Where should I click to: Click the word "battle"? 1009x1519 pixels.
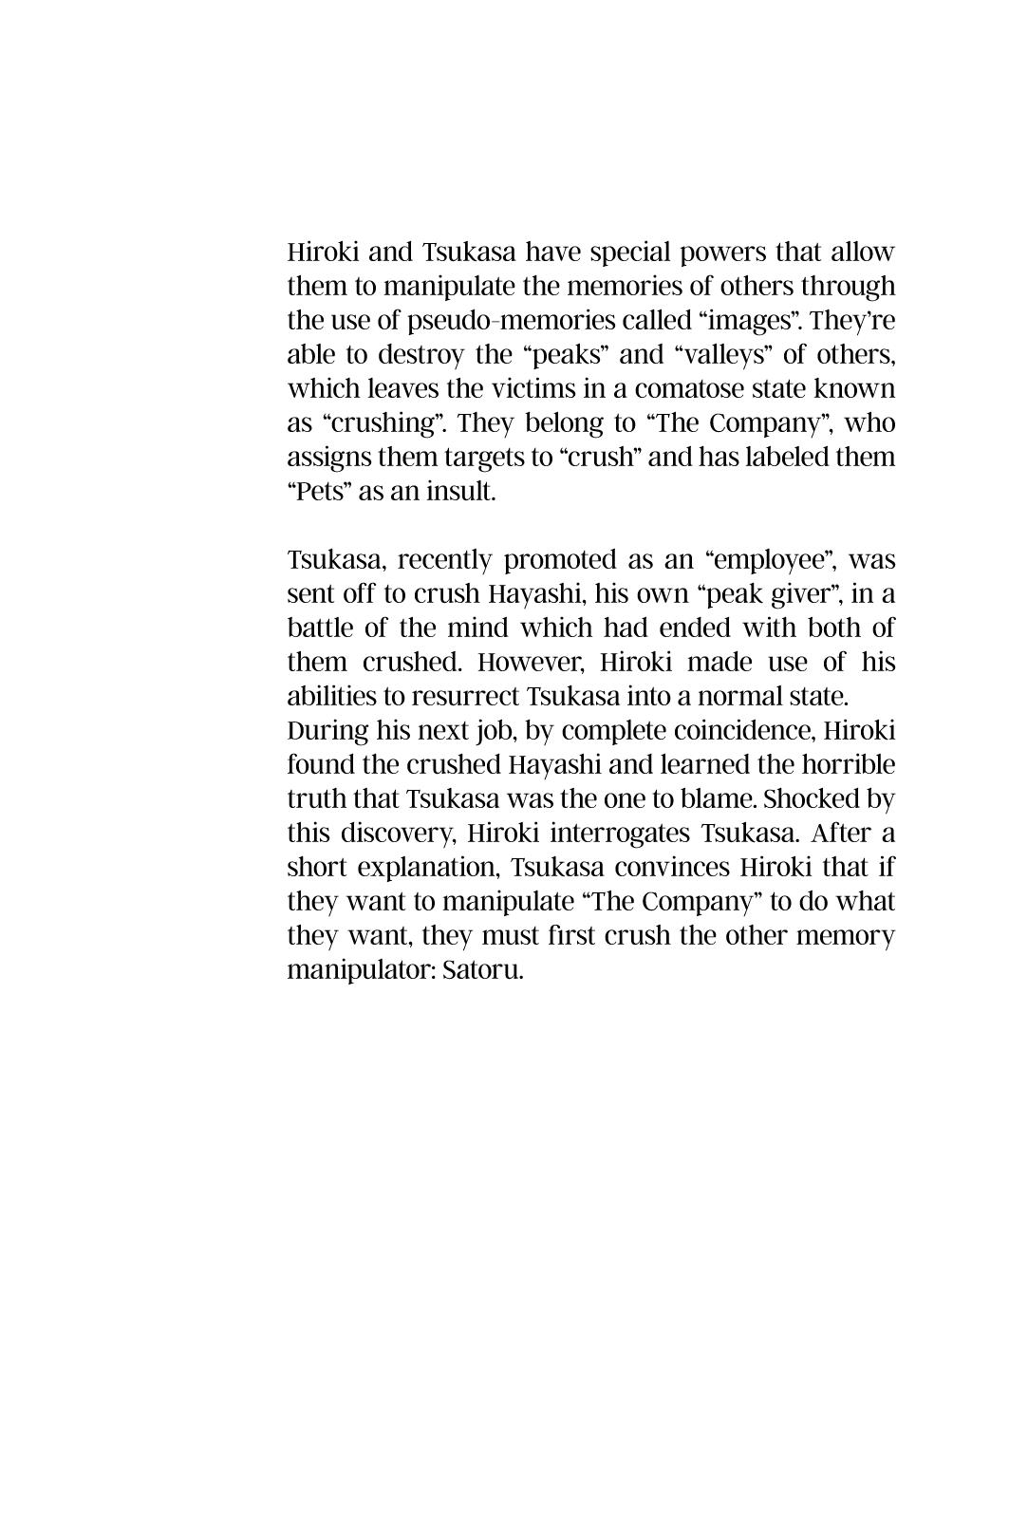tap(318, 628)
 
